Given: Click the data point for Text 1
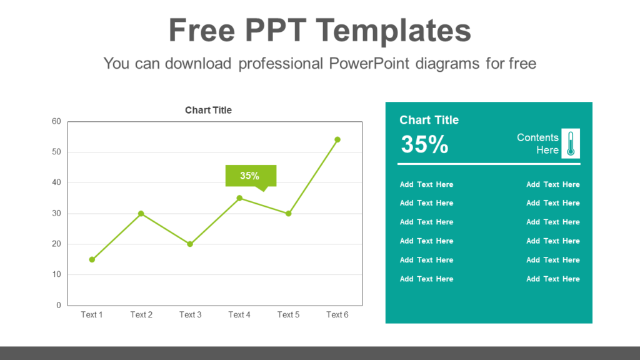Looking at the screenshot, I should pyautogui.click(x=92, y=259).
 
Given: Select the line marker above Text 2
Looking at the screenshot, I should pyautogui.click(x=141, y=214).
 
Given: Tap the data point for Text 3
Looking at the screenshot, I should pyautogui.click(x=190, y=244).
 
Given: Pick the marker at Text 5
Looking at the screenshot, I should pyautogui.click(x=288, y=214).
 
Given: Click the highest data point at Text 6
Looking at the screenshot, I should pyautogui.click(x=337, y=139).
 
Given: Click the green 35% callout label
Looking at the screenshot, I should pyautogui.click(x=250, y=176).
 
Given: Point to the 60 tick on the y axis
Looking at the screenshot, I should pyautogui.click(x=56, y=121).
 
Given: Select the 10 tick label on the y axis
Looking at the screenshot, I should pyautogui.click(x=56, y=274).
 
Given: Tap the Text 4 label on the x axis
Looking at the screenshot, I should pyautogui.click(x=239, y=314).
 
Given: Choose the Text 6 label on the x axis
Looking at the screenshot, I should pyautogui.click(x=337, y=314).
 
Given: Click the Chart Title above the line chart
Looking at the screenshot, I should pyautogui.click(x=208, y=110).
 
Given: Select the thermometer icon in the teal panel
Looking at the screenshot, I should pyautogui.click(x=571, y=144).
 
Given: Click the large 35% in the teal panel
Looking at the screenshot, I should pyautogui.click(x=424, y=144).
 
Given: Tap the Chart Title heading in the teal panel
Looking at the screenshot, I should pyautogui.click(x=429, y=120).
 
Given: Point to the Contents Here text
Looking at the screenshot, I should pyautogui.click(x=538, y=144).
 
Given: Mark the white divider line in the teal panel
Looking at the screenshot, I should pyautogui.click(x=489, y=164).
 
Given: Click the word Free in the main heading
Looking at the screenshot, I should pyautogui.click(x=202, y=30).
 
